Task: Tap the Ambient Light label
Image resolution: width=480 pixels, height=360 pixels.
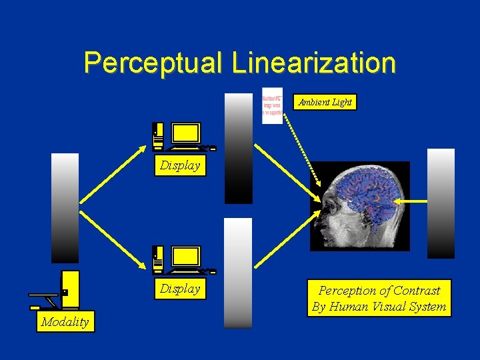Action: click(325, 102)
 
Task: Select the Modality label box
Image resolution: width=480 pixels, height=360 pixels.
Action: click(65, 322)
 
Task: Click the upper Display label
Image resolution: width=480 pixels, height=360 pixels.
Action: click(179, 166)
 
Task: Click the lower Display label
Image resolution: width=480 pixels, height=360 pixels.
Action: click(179, 289)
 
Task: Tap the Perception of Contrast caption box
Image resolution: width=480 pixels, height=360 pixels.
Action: click(379, 298)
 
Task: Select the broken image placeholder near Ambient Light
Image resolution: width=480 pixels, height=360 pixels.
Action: click(272, 106)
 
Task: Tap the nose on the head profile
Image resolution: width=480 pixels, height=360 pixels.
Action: click(317, 217)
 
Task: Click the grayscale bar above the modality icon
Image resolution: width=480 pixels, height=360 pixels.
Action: click(65, 208)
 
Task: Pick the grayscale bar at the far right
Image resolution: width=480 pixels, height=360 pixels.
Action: click(441, 203)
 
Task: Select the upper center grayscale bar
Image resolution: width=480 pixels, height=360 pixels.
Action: click(238, 148)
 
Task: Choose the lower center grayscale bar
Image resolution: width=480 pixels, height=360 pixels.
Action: click(238, 273)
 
